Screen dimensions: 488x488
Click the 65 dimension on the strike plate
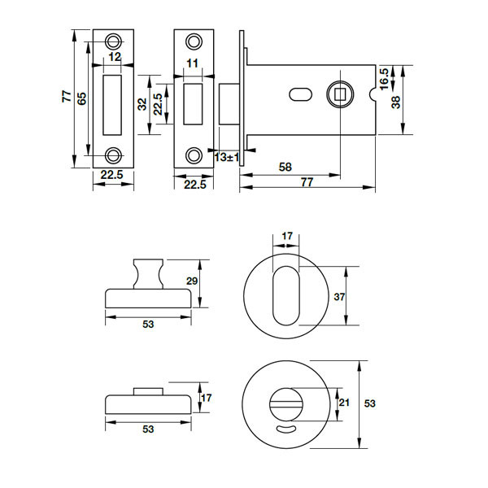(81, 98)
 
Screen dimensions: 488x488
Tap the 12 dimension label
(114, 58)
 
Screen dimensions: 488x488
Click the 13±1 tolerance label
(225, 156)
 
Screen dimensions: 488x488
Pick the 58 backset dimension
(285, 167)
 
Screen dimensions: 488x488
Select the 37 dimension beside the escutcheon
(340, 297)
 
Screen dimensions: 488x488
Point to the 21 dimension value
(344, 402)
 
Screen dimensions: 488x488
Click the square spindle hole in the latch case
(339, 94)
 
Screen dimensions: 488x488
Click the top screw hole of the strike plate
(113, 40)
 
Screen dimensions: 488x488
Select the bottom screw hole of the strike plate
(113, 155)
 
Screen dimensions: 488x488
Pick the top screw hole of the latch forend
(194, 41)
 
